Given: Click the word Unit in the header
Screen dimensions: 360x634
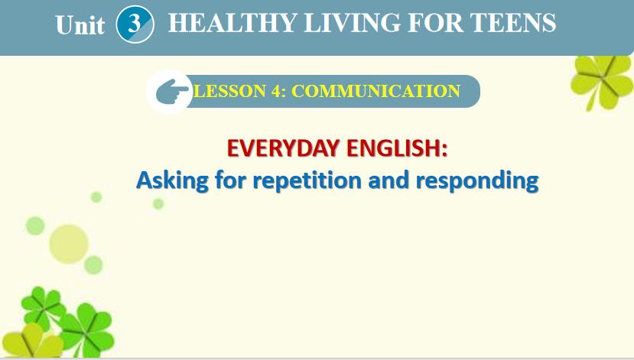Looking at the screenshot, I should pyautogui.click(x=80, y=25).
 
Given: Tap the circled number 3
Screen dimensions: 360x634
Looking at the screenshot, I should pyautogui.click(x=135, y=24).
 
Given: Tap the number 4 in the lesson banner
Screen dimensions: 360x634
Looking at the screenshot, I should pyautogui.click(x=274, y=92).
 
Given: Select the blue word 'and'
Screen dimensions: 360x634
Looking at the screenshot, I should pyautogui.click(x=390, y=181).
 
